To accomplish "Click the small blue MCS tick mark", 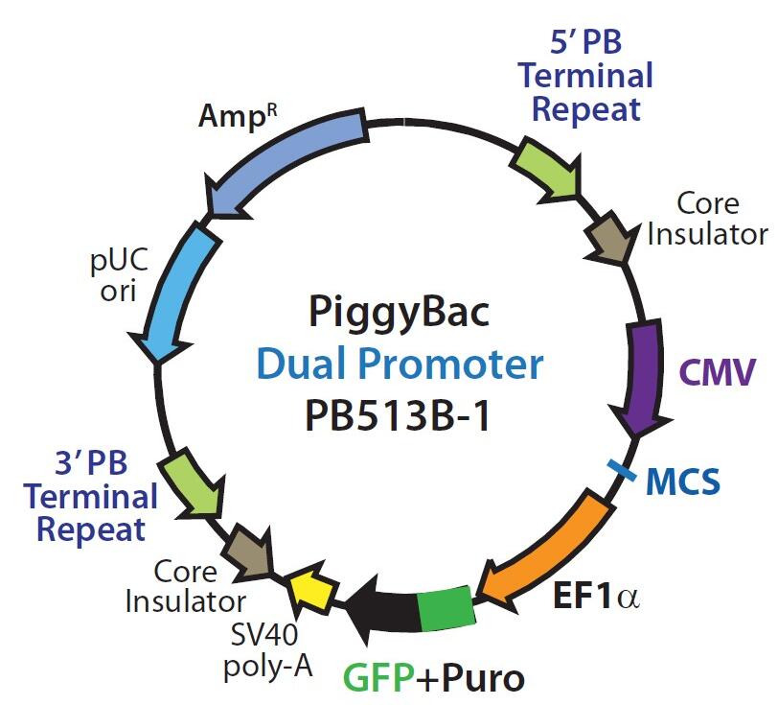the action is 621,470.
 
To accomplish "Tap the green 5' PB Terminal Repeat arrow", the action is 547,168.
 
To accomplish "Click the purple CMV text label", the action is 717,371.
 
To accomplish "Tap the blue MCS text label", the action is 683,481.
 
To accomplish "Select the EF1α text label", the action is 595,597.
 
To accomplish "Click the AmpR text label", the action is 238,117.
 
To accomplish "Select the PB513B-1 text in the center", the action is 398,415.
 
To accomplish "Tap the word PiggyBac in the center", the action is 399,312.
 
